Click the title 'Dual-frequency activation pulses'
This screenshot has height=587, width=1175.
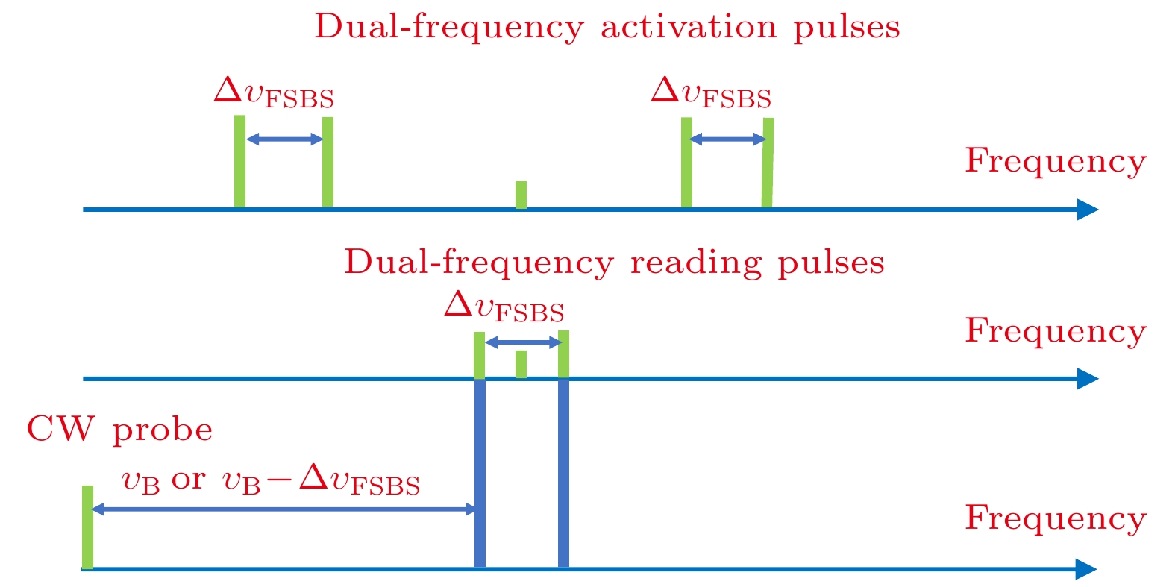[x=607, y=28]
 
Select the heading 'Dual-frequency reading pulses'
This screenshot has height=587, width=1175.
[x=614, y=263]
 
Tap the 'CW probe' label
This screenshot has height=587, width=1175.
[x=119, y=430]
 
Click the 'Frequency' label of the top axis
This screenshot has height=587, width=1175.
[x=1055, y=161]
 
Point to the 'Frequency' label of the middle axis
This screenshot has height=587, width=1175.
[x=1055, y=331]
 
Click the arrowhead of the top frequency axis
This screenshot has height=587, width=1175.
[x=1088, y=210]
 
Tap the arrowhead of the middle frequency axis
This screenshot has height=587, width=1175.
[x=1088, y=379]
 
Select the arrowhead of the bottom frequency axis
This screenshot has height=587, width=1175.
[x=1087, y=570]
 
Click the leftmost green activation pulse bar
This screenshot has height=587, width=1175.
[x=239, y=161]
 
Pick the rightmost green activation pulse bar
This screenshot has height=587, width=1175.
[x=768, y=162]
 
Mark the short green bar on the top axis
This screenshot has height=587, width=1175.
[x=521, y=195]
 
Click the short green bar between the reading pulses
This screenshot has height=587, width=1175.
[x=521, y=364]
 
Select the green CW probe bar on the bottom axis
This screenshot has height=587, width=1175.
[x=87, y=527]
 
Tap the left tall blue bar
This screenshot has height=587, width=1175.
[x=480, y=473]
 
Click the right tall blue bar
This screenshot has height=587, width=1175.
[x=563, y=473]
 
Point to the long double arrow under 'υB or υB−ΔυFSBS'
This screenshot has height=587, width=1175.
[x=283, y=509]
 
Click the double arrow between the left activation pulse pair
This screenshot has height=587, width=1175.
[x=283, y=139]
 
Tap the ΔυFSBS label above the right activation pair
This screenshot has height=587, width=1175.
[x=710, y=93]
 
